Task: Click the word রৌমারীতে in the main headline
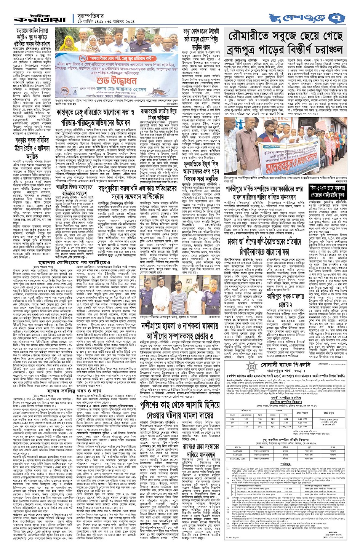(253, 37)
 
